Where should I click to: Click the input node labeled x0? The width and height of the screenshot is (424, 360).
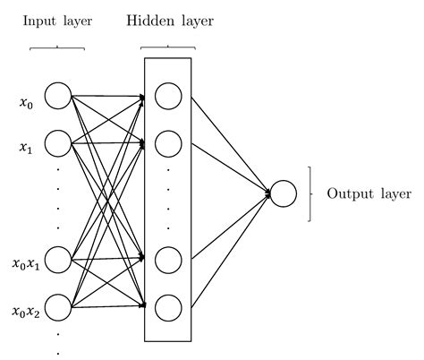pos(57,95)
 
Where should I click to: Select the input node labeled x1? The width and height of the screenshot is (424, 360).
pos(57,142)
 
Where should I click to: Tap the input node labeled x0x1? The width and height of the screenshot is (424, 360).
pos(57,260)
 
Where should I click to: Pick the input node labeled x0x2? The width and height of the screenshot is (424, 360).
pos(57,308)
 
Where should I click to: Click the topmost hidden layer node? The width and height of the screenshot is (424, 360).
pos(167,95)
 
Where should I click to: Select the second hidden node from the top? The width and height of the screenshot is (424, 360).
pos(167,142)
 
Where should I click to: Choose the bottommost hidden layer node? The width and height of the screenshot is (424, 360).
pos(167,308)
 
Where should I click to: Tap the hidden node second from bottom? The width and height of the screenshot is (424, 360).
pos(167,260)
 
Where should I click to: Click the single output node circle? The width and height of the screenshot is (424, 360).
pos(283,193)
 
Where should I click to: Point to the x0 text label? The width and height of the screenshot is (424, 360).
pos(26,103)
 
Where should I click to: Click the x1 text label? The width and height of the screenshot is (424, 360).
pos(26,147)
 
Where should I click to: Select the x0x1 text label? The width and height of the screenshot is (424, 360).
pos(25,264)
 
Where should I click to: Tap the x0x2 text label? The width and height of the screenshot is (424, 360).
pos(25,312)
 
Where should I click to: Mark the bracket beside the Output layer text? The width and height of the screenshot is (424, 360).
pos(310,193)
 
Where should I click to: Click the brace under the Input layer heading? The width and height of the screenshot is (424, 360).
pos(56,47)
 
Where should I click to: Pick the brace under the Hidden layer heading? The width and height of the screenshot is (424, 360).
pos(167,47)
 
